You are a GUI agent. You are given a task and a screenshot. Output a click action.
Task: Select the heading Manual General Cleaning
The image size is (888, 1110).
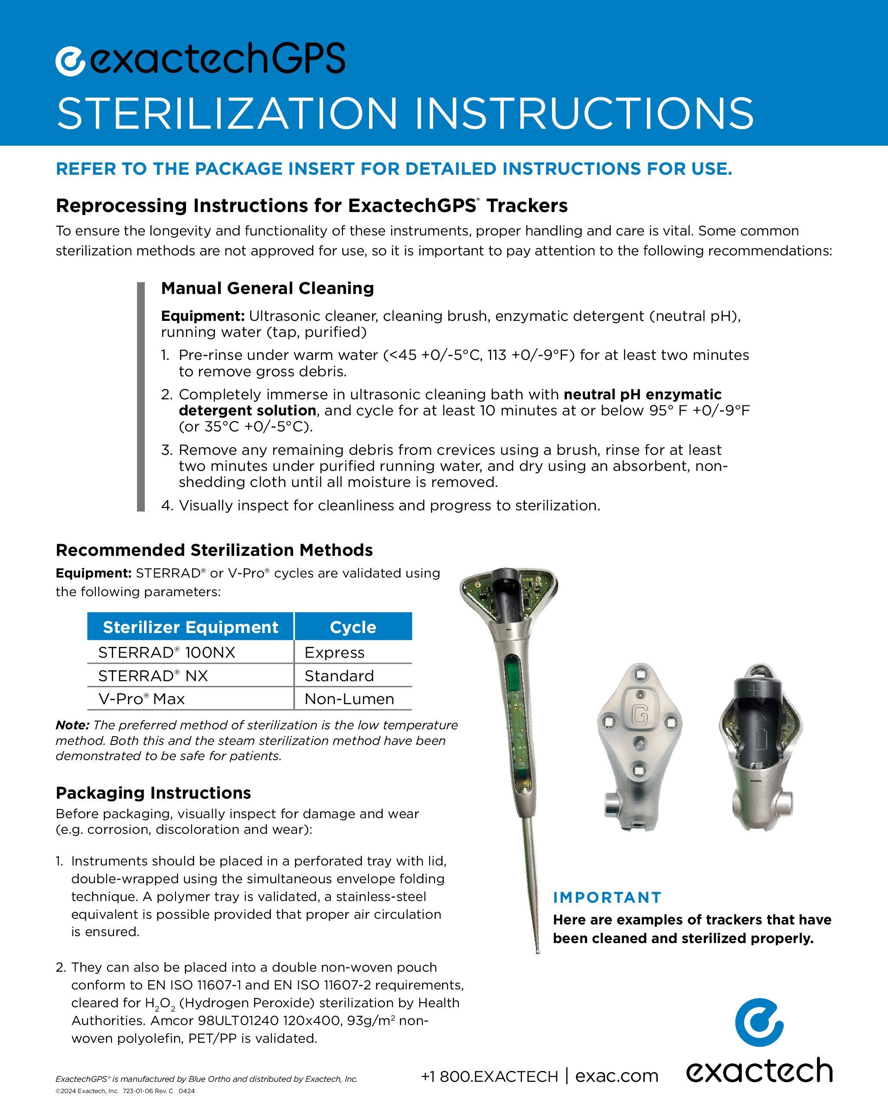267,288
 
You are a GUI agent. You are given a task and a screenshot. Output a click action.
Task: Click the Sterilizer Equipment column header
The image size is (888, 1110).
190,627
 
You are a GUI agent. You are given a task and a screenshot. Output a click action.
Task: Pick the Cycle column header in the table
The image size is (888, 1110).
353,627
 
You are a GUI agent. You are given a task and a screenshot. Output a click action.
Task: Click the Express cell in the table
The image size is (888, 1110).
334,652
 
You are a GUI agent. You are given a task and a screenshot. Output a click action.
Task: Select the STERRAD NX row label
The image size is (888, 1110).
153,676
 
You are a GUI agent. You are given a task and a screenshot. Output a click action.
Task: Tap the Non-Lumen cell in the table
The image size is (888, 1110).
349,699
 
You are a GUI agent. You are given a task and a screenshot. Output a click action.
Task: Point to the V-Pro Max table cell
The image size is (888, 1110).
141,699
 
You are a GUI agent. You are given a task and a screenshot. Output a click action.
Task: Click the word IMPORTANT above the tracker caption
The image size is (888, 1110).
607,898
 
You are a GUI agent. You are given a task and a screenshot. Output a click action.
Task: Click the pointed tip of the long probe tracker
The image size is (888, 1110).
537,950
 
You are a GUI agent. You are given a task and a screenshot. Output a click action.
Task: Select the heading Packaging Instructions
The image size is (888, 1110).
153,793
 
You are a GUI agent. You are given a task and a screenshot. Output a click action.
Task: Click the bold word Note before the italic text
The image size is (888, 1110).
72,725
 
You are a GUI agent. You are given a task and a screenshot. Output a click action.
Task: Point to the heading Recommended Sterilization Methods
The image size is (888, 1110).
214,550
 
